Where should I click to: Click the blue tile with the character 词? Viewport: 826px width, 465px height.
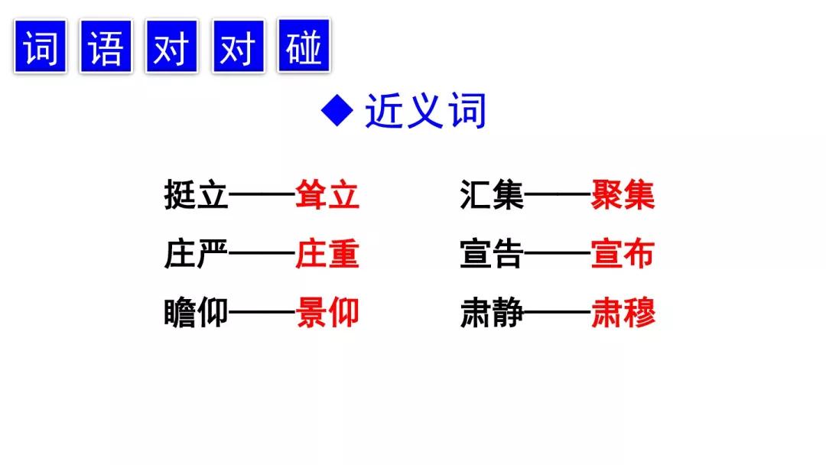point(41,47)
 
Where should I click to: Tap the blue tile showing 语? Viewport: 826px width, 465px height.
point(106,47)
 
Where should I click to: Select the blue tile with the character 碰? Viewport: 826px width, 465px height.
point(304,46)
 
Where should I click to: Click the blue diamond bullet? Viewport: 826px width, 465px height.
point(337,111)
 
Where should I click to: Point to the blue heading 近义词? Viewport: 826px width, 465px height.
point(425,111)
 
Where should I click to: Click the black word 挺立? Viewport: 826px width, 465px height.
point(196,194)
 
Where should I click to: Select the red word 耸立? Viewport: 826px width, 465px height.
point(327,194)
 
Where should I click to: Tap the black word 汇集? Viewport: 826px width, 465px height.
point(492,194)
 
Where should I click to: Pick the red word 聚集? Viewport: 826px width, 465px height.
point(623,194)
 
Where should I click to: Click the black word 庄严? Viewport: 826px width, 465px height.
point(196,253)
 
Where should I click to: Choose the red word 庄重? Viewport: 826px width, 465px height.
point(327,253)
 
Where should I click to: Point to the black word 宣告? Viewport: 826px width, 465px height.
point(492,253)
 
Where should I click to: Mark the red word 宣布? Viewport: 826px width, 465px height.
point(623,253)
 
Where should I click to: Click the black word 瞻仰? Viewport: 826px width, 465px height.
point(196,312)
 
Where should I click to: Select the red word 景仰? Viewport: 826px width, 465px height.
point(327,312)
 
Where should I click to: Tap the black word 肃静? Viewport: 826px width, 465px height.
point(492,312)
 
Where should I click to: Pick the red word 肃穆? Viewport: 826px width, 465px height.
point(623,312)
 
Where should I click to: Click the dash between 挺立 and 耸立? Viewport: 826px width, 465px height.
point(262,194)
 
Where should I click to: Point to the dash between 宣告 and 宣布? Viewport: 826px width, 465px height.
point(558,253)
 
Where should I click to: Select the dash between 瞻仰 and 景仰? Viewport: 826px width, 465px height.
point(262,312)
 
